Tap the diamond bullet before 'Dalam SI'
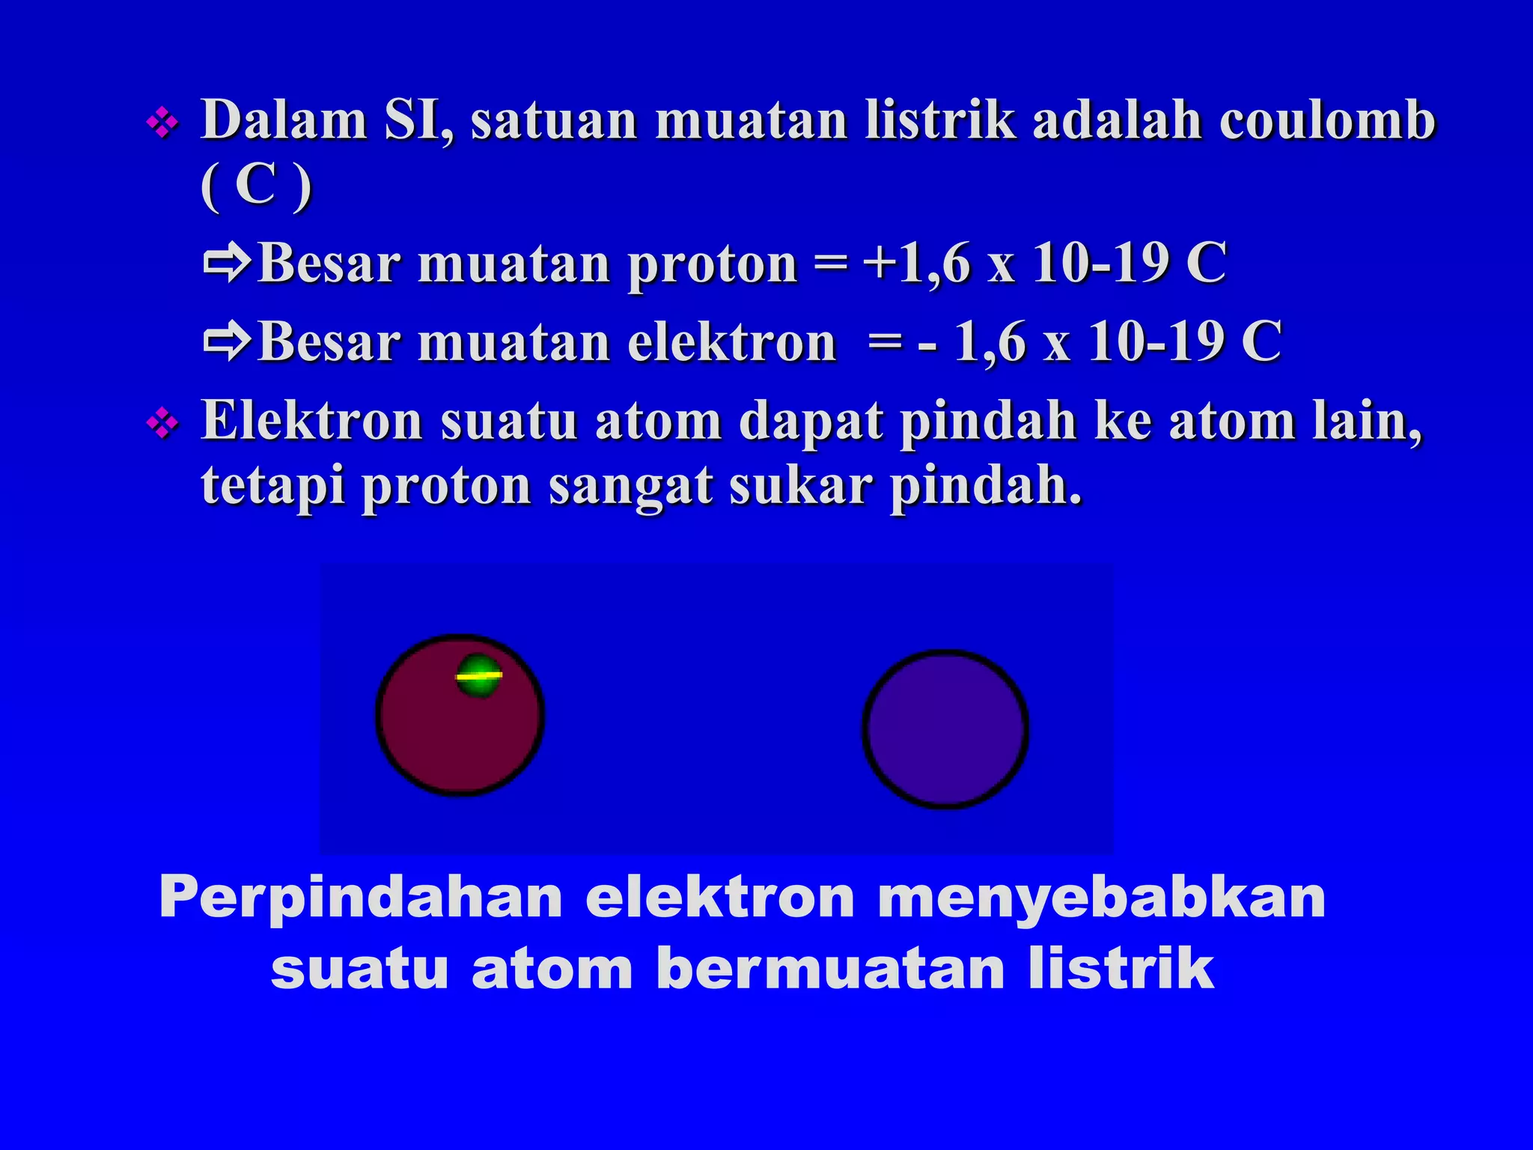tap(163, 123)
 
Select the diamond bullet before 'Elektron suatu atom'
tap(163, 425)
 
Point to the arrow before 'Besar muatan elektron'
tap(227, 341)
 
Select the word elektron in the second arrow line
tap(731, 342)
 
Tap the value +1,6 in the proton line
tap(917, 264)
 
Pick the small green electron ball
tap(478, 676)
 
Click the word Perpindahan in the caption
tap(361, 897)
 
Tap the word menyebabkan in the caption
tap(1101, 897)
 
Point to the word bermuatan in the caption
tap(831, 969)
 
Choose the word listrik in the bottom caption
tap(1120, 969)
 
